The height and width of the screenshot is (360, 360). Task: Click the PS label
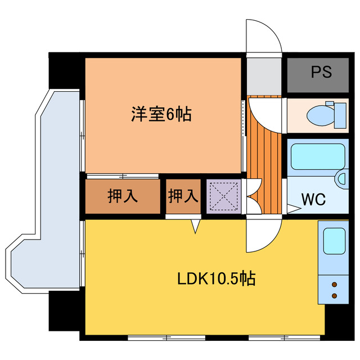pyautogui.click(x=321, y=72)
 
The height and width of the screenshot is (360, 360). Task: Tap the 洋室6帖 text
pyautogui.click(x=161, y=114)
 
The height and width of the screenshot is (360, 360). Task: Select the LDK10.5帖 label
pyautogui.click(x=216, y=278)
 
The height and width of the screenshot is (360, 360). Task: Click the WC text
pyautogui.click(x=313, y=199)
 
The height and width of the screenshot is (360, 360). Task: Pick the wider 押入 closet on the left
pyautogui.click(x=123, y=196)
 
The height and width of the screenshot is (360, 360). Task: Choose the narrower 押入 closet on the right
pyautogui.click(x=183, y=196)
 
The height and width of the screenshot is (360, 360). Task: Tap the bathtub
pyautogui.click(x=318, y=156)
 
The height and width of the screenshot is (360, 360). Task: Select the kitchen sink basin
pyautogui.click(x=334, y=241)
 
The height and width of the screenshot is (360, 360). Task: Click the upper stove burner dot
pyautogui.click(x=335, y=285)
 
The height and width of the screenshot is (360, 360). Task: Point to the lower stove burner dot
pyautogui.click(x=335, y=296)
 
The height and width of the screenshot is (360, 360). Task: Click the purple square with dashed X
pyautogui.click(x=224, y=196)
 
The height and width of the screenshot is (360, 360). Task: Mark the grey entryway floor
pyautogui.click(x=264, y=76)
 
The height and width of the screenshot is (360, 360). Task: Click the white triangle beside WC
pyautogui.click(x=294, y=209)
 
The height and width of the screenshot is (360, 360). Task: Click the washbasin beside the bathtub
pyautogui.click(x=343, y=179)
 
